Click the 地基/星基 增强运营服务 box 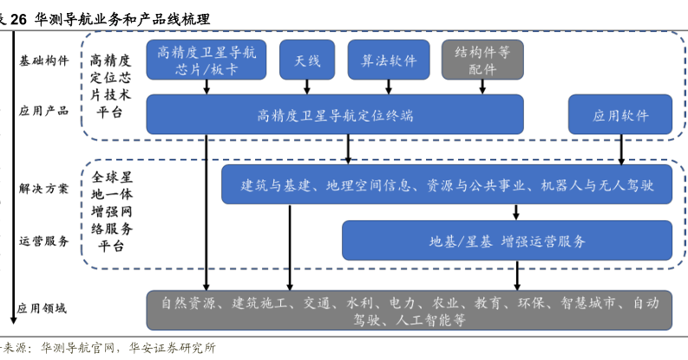pos(507,240)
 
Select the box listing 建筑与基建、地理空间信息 pos(446,185)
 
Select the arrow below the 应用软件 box pos(622,149)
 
